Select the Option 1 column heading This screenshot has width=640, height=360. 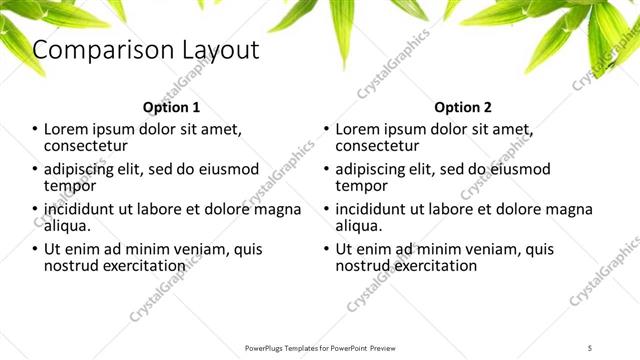tap(172, 107)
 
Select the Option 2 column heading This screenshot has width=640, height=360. tap(463, 107)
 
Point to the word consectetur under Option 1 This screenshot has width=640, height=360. tap(89, 146)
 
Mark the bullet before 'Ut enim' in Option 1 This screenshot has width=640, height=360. tap(35, 249)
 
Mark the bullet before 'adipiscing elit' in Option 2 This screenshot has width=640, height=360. tap(326, 169)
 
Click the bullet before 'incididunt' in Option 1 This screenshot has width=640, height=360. tap(35, 209)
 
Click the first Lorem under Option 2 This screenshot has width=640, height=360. tap(358, 129)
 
